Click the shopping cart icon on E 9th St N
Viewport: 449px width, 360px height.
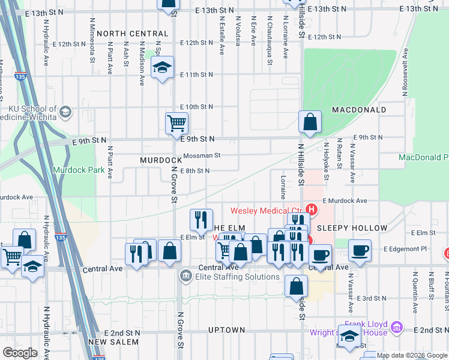(x=176, y=124)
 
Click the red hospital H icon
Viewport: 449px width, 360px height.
(x=312, y=209)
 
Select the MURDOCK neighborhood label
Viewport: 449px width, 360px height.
(x=161, y=161)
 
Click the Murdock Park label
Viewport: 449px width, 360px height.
(x=79, y=170)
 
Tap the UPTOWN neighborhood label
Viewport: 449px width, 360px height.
(x=226, y=330)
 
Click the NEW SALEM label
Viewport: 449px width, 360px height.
(x=113, y=342)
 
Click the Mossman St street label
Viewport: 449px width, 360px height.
(x=202, y=155)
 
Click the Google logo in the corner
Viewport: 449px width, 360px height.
(x=20, y=353)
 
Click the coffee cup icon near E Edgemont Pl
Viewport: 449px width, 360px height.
(x=360, y=251)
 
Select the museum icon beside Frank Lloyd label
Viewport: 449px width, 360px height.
(x=396, y=328)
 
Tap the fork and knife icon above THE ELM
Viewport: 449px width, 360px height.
(x=201, y=220)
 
